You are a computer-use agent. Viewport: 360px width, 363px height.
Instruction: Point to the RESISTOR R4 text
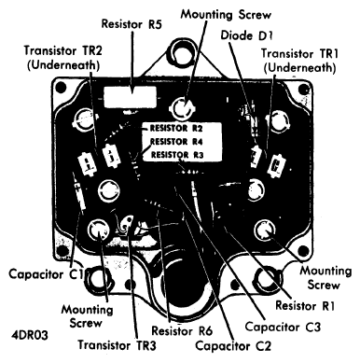point(173,140)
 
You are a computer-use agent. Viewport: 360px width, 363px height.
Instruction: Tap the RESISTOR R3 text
point(173,154)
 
